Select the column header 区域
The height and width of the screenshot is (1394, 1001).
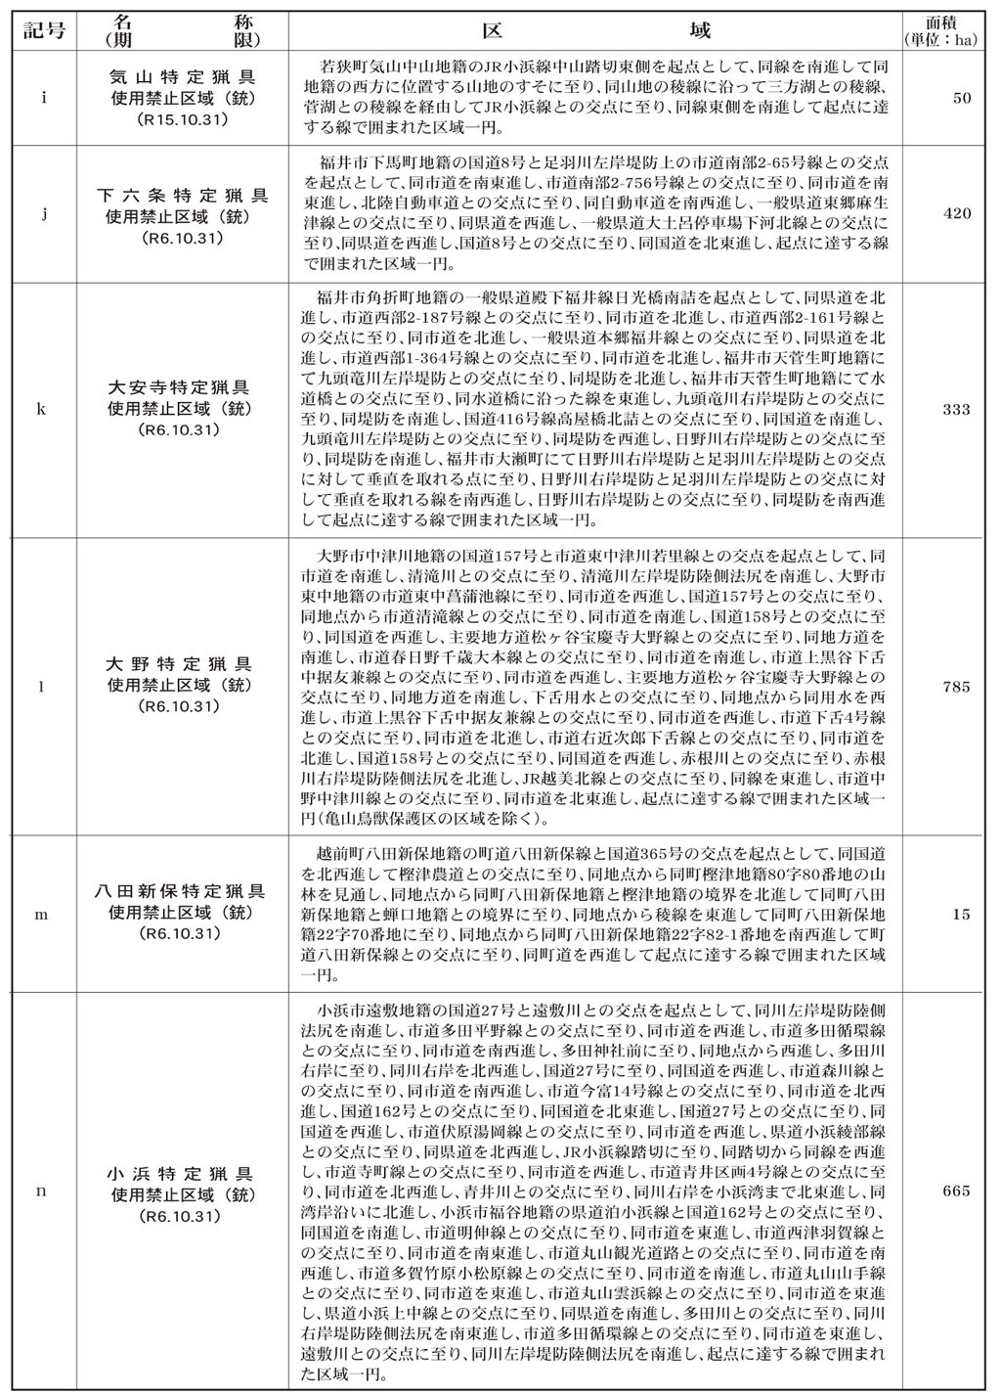click(601, 29)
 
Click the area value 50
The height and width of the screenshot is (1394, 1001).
click(962, 100)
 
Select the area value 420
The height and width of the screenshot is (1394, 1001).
click(957, 216)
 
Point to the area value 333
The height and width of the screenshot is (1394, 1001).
click(957, 409)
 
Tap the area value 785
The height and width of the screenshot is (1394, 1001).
click(957, 686)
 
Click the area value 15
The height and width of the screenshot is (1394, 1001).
click(962, 915)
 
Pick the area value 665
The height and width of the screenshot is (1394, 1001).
click(957, 1191)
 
